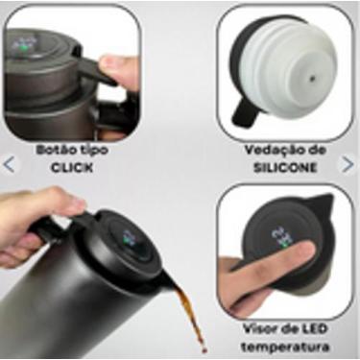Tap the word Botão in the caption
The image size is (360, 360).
pos(54,151)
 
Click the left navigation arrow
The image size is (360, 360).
pos(11,163)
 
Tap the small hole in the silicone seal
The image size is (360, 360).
pos(311,72)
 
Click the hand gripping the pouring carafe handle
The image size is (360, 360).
pos(34,221)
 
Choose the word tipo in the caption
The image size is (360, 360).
pos(92,151)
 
